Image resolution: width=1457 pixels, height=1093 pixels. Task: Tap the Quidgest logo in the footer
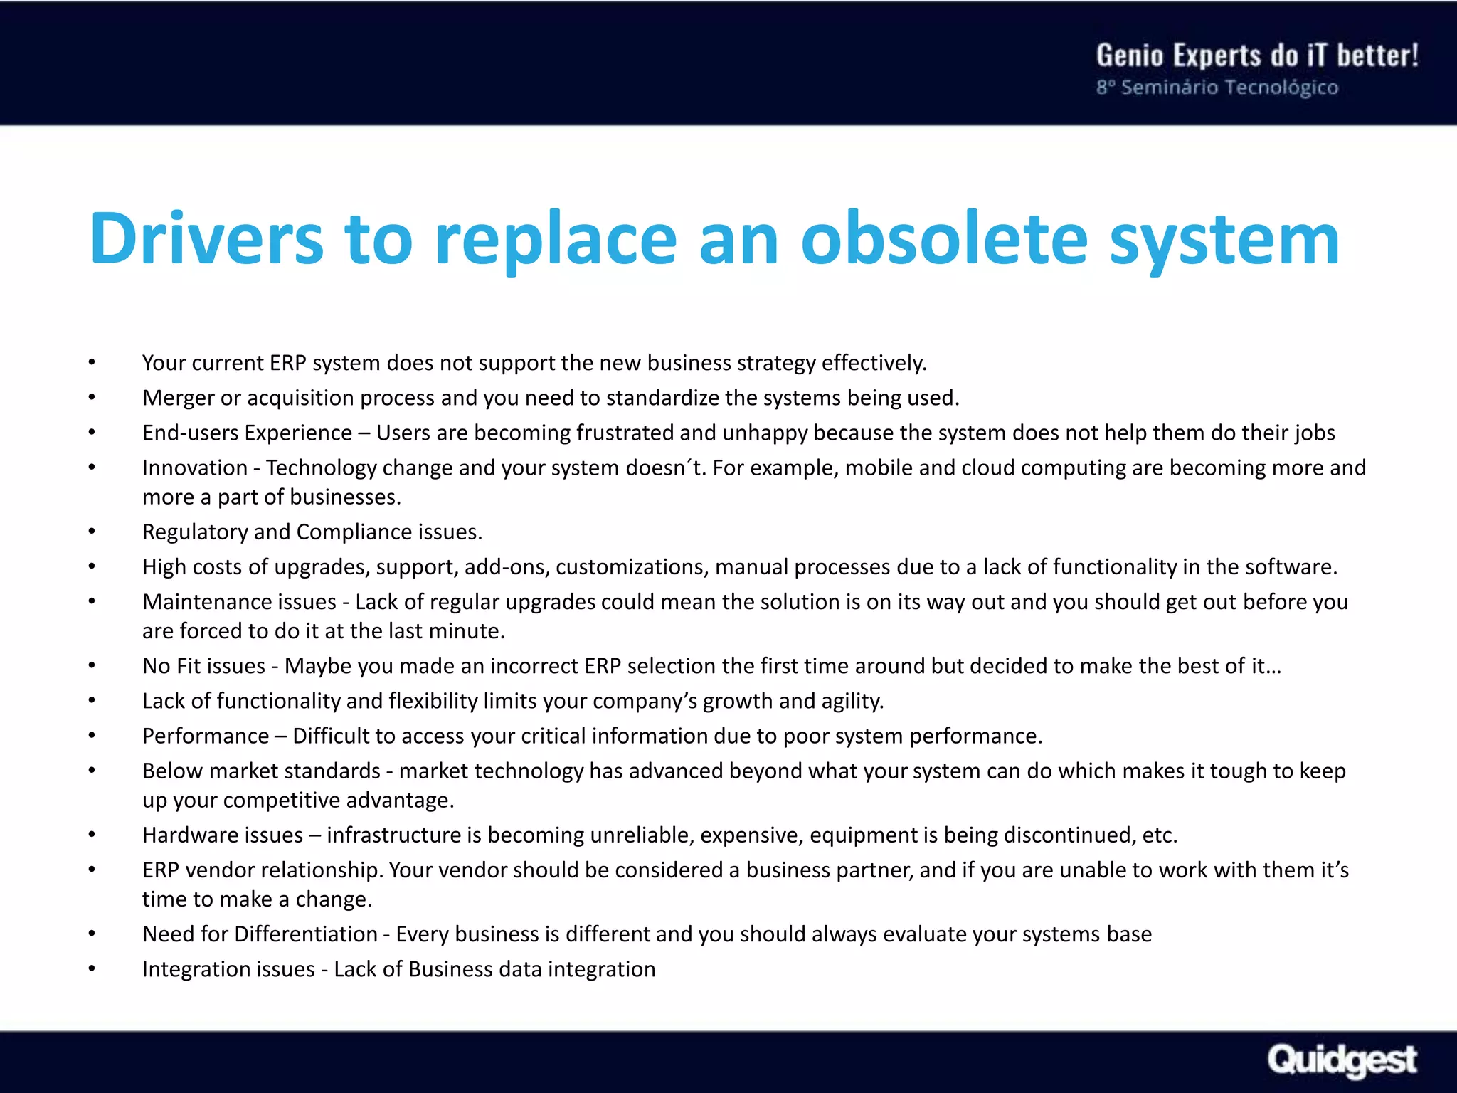pos(1342,1060)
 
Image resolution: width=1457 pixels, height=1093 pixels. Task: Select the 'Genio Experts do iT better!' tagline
pos(1257,56)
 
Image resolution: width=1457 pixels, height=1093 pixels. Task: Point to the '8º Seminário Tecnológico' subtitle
pos(1217,88)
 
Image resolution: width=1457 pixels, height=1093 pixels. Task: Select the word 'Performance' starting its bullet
pos(206,736)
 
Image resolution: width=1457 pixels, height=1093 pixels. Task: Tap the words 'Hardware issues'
pos(222,835)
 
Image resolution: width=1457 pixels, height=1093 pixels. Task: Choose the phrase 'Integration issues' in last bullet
pos(228,969)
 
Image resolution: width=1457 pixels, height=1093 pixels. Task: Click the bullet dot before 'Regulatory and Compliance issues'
pos(92,532)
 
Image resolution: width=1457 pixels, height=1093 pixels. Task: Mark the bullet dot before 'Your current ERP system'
pos(92,363)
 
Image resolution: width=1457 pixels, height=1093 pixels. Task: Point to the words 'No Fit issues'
pos(203,666)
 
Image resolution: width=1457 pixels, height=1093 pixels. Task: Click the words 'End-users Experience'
pos(247,433)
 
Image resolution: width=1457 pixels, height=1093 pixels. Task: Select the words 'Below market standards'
pos(261,771)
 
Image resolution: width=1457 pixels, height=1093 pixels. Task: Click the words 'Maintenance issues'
pos(239,602)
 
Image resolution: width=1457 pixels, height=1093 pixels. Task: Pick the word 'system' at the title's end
pos(1224,239)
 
